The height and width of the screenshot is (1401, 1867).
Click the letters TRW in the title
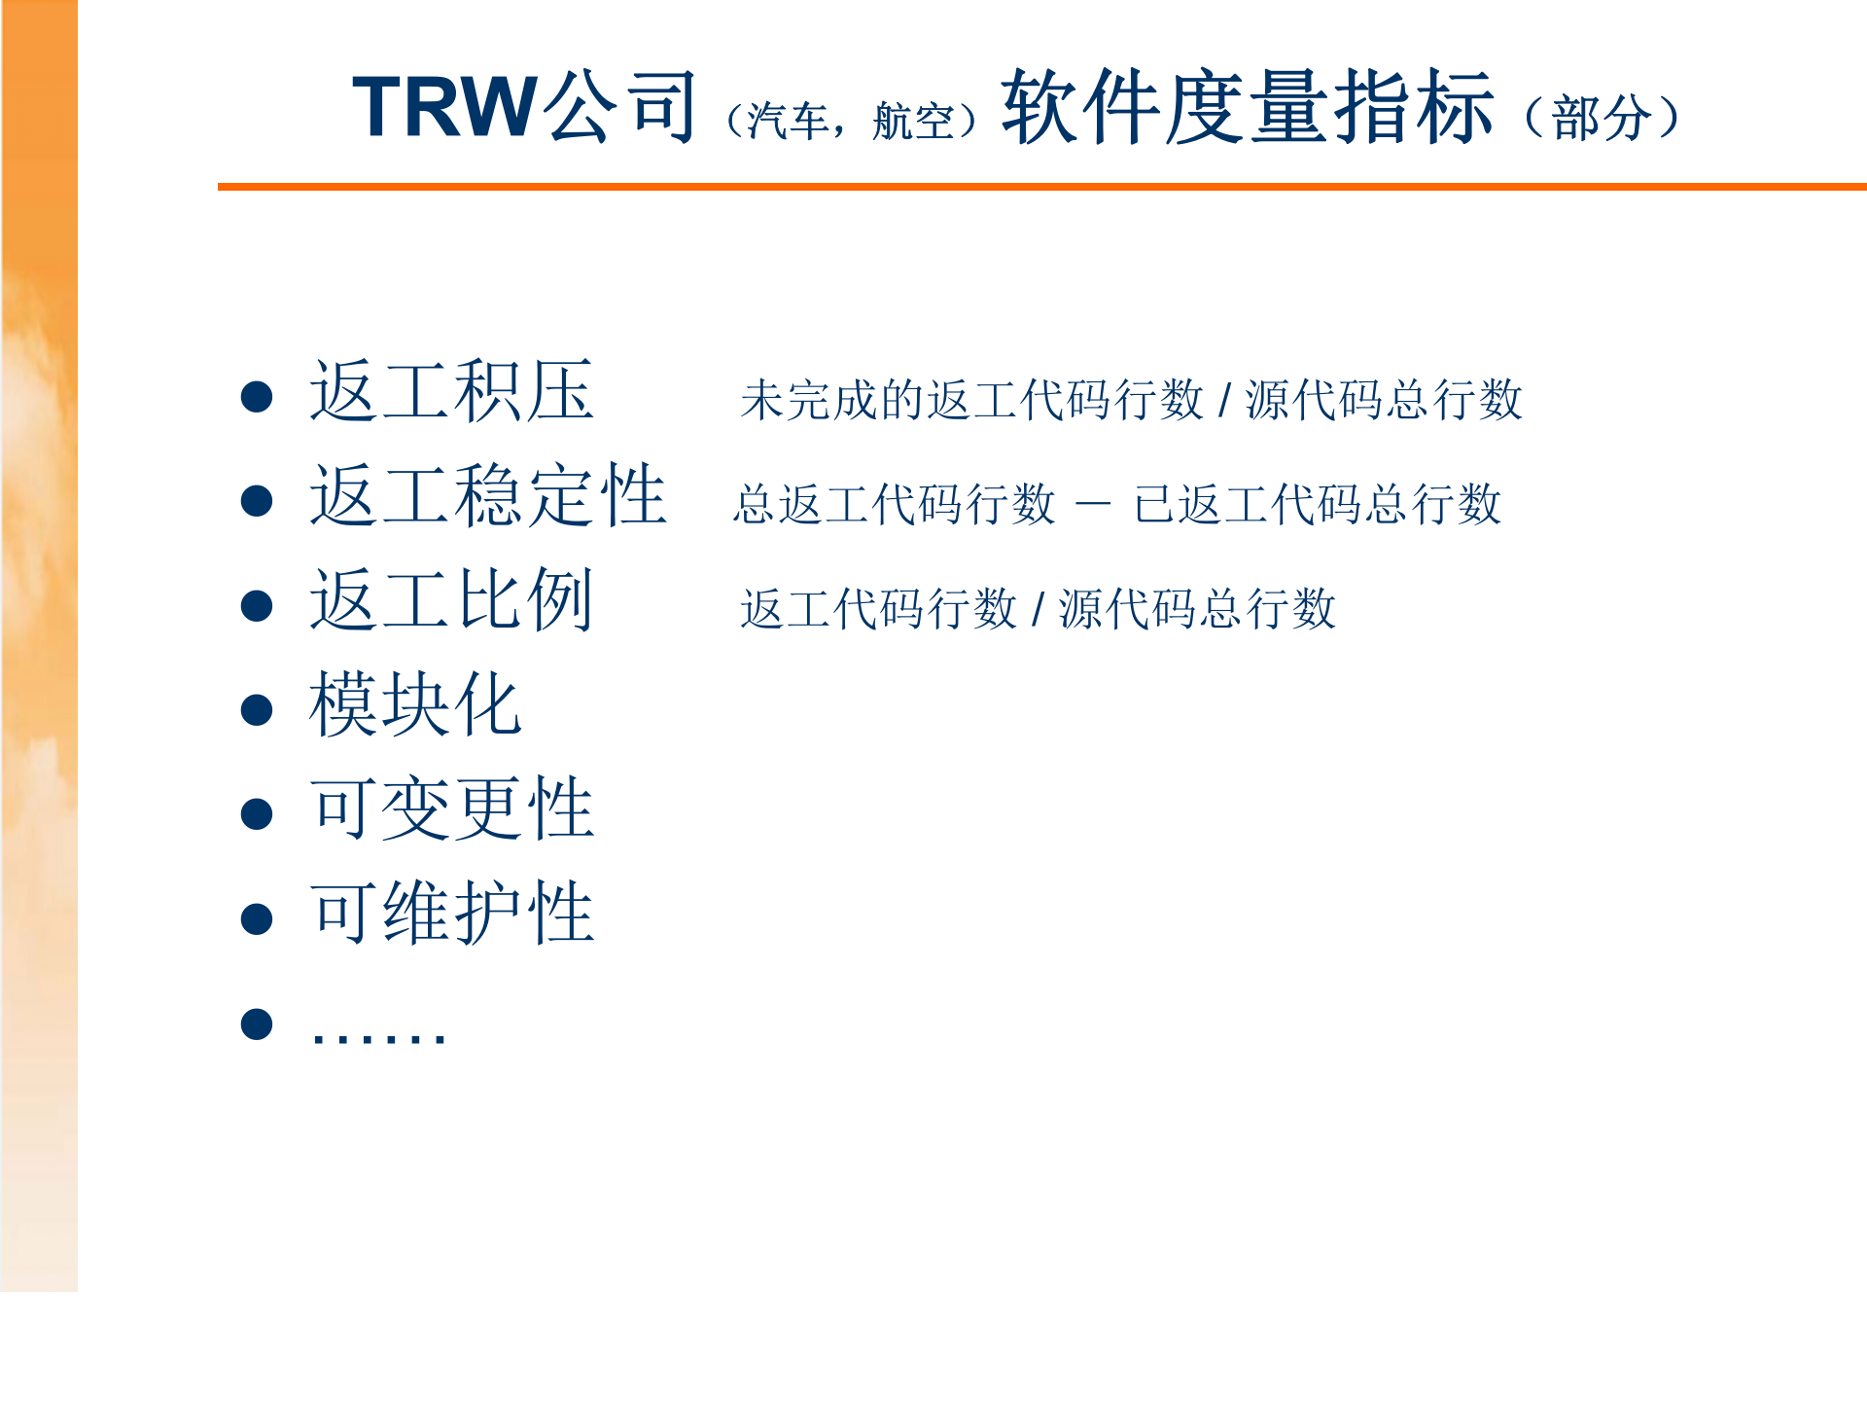[444, 107]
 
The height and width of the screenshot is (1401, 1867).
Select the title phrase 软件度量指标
[1248, 107]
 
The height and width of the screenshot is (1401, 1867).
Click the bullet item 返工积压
[451, 391]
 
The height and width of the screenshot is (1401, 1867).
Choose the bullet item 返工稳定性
[487, 495]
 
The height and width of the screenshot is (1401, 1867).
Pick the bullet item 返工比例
[451, 600]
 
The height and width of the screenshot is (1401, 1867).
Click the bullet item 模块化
[415, 704]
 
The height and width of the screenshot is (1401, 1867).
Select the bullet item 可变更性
[451, 808]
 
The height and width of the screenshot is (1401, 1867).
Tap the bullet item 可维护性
[451, 913]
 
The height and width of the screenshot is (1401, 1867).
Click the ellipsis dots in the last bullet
[378, 1035]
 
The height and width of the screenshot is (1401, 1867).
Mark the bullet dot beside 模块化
[257, 709]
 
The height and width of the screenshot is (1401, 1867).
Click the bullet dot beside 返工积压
[257, 396]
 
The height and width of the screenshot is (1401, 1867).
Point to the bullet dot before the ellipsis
[257, 1024]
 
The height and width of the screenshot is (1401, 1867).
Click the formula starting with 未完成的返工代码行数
[1131, 400]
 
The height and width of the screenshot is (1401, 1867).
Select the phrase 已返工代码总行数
[1318, 504]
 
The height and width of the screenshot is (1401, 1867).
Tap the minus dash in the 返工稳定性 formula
[1093, 504]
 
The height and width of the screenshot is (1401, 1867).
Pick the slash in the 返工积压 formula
[1224, 400]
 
